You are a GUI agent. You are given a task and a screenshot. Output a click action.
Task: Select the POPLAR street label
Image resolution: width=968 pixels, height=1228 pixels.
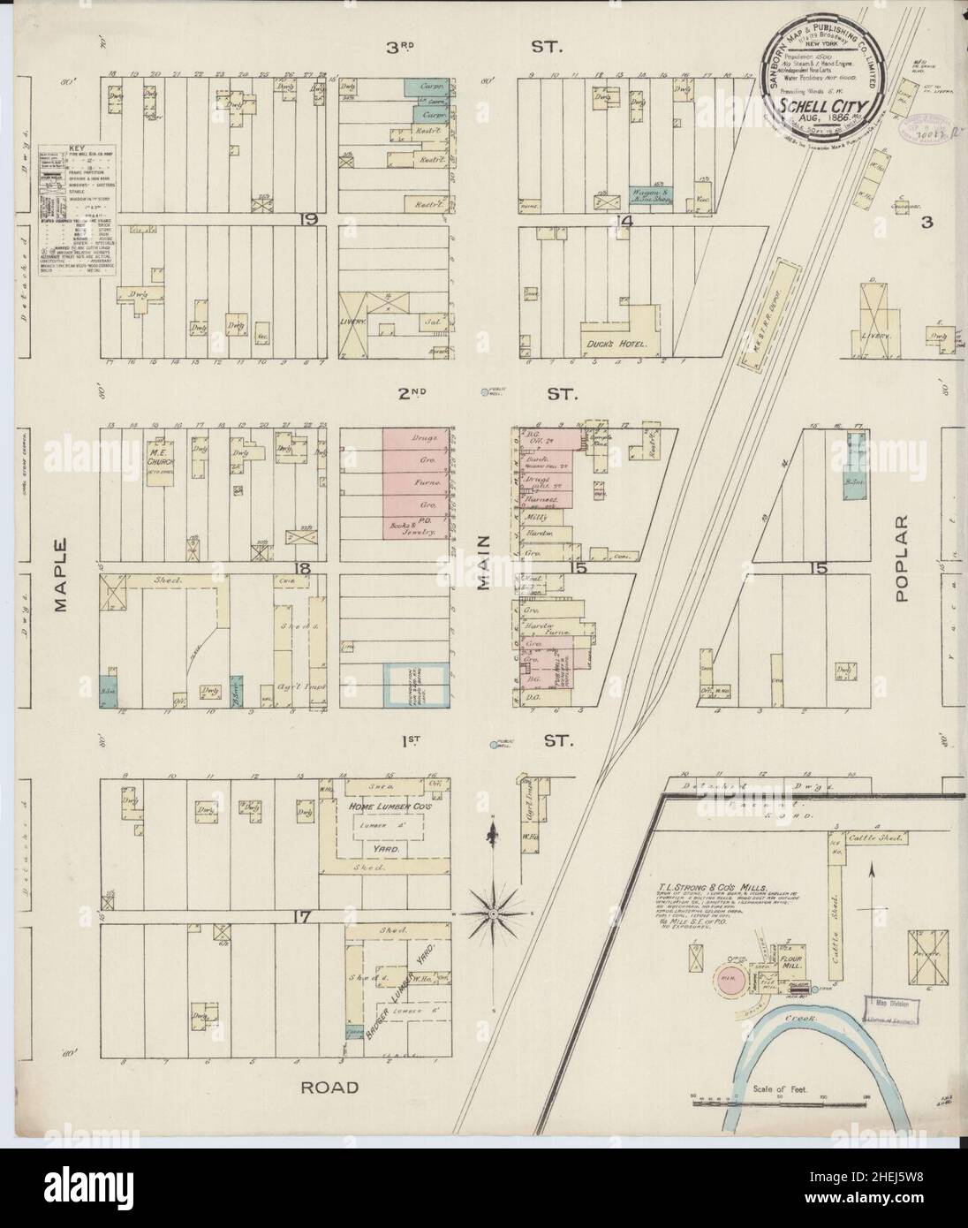coord(901,571)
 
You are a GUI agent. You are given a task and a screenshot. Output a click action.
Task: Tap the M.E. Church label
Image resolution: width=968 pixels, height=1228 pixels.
coord(159,456)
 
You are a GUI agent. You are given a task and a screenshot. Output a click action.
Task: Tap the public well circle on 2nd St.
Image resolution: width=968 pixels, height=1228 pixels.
coord(483,393)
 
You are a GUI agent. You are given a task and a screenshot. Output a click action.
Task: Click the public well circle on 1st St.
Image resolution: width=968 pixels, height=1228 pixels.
coord(493,745)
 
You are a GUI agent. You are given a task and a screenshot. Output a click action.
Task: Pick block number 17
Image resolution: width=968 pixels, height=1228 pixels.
coord(303,917)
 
